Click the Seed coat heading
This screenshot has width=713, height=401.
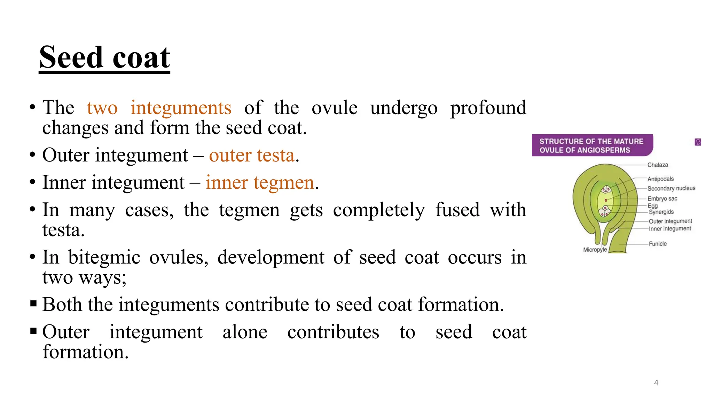pyautogui.click(x=104, y=58)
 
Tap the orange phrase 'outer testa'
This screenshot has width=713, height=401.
pyautogui.click(x=252, y=155)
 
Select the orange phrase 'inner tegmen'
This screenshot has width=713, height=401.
pyautogui.click(x=260, y=182)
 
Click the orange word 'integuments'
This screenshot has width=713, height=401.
pyautogui.click(x=181, y=108)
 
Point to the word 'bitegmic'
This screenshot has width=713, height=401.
pyautogui.click(x=104, y=258)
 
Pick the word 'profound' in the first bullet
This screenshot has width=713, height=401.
pyautogui.click(x=488, y=108)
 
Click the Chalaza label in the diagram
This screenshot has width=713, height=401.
pyautogui.click(x=657, y=165)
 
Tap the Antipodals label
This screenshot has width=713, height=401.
pyautogui.click(x=660, y=179)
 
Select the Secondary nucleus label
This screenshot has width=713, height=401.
pyautogui.click(x=671, y=188)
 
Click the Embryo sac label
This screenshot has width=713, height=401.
pyautogui.click(x=662, y=199)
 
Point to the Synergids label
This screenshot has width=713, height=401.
pyautogui.click(x=661, y=212)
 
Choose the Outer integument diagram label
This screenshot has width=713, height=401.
pyautogui.click(x=670, y=221)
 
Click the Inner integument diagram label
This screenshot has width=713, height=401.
pyautogui.click(x=669, y=229)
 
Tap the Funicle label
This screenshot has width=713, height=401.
pyautogui.click(x=657, y=244)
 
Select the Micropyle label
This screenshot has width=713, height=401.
pyautogui.click(x=595, y=250)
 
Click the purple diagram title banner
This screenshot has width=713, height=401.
pyautogui.click(x=592, y=146)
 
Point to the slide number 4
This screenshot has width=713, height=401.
pyautogui.click(x=656, y=383)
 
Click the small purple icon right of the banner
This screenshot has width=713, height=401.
pyautogui.click(x=698, y=142)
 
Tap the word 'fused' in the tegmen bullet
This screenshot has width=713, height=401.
pyautogui.click(x=457, y=210)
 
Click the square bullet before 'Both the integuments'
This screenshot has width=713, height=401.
pyautogui.click(x=33, y=304)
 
